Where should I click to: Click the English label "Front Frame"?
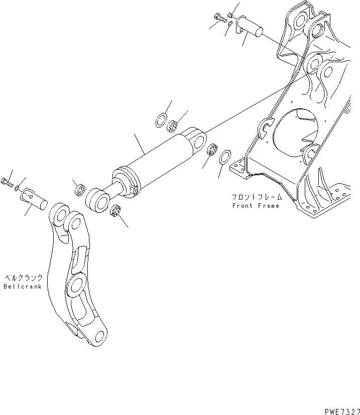pos(255,206)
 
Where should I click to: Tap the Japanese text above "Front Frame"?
pos(255,197)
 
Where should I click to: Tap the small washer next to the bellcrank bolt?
pos(18,188)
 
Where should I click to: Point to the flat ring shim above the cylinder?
pos(162,121)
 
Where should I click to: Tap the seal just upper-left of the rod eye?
pos(78,190)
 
